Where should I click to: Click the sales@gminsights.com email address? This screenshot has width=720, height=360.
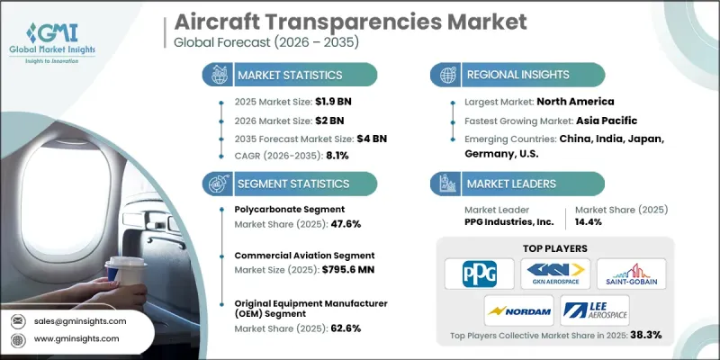[80, 321]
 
